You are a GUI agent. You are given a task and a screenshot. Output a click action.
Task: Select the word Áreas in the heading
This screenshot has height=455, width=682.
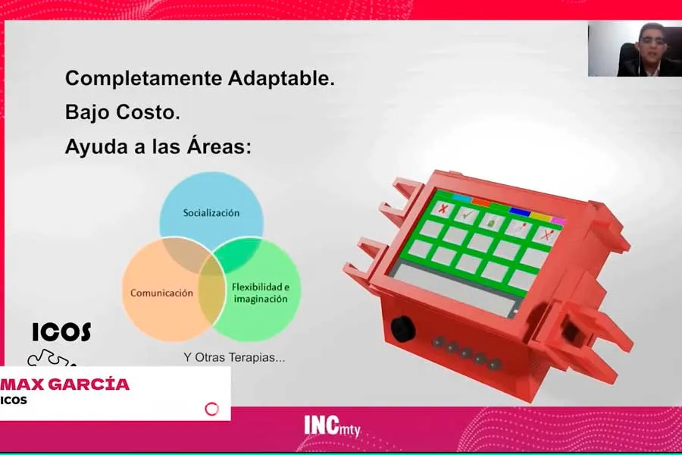(x=217, y=146)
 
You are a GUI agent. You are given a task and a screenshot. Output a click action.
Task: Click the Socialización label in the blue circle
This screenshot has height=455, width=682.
(x=211, y=213)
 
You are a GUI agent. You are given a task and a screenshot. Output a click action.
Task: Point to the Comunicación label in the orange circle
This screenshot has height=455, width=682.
(x=161, y=293)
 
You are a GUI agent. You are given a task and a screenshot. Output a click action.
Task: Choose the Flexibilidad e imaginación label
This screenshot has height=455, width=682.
(x=260, y=293)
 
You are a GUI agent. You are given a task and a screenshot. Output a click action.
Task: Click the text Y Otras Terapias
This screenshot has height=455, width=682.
(x=235, y=357)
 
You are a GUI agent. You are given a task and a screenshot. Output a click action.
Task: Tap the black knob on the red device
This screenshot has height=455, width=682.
(x=402, y=329)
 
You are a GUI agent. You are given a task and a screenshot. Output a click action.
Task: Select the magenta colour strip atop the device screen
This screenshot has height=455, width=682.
(x=558, y=221)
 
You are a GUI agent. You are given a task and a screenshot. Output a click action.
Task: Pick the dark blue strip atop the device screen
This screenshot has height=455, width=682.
(x=520, y=212)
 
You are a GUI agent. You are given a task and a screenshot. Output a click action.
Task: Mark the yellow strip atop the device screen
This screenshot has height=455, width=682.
(x=540, y=216)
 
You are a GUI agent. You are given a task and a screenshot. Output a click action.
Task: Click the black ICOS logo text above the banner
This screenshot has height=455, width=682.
(x=62, y=331)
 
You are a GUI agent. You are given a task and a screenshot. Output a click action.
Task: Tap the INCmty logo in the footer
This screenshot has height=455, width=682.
(x=332, y=426)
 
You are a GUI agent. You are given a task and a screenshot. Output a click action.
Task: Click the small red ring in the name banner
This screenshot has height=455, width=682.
(x=212, y=409)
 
